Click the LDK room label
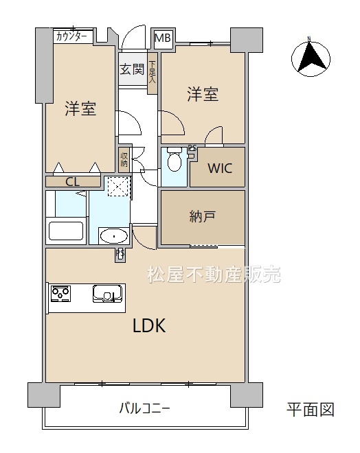(x=149, y=325)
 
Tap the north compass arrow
(x=311, y=58)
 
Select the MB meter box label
(x=163, y=38)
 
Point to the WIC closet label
(x=220, y=168)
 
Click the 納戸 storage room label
(x=203, y=216)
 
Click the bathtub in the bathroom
(x=66, y=231)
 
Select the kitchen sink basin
(x=107, y=294)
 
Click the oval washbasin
(x=114, y=237)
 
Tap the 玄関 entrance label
(x=132, y=69)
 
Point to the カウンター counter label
(x=71, y=36)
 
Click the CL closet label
(x=72, y=182)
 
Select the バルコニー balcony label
(x=144, y=408)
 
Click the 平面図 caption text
(x=311, y=409)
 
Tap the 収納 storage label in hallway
(x=124, y=159)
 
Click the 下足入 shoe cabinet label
(x=152, y=73)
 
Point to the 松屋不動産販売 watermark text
(x=214, y=274)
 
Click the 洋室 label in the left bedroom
(x=80, y=108)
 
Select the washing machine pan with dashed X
(x=117, y=187)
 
